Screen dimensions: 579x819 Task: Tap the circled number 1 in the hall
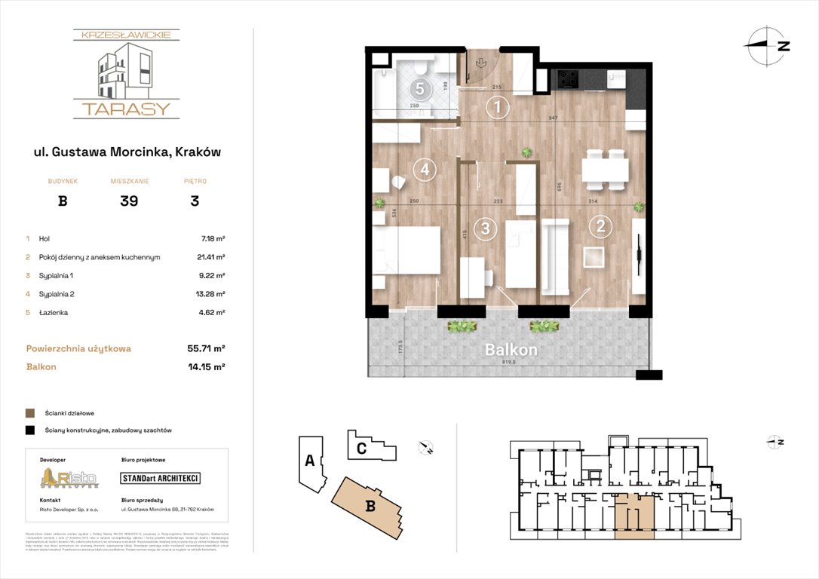click(x=496, y=109)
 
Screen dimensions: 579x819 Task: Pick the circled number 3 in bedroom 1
click(x=486, y=228)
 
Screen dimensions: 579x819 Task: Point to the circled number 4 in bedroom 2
click(x=425, y=170)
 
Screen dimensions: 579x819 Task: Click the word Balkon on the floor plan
click(x=511, y=351)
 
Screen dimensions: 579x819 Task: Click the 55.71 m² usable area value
click(x=204, y=349)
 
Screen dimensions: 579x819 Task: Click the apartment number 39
click(x=128, y=201)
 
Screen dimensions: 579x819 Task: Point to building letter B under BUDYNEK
click(x=63, y=201)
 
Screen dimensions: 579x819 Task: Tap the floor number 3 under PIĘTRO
click(x=195, y=201)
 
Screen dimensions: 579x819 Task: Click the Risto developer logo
click(x=69, y=478)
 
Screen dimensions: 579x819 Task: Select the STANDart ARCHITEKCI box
click(x=161, y=478)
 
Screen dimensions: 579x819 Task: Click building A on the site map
click(x=309, y=461)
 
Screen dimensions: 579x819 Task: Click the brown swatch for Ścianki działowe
click(x=30, y=413)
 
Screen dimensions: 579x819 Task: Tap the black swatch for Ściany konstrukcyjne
click(x=30, y=430)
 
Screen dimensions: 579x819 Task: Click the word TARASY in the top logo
click(x=126, y=109)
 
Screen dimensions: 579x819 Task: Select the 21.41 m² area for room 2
click(x=210, y=257)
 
